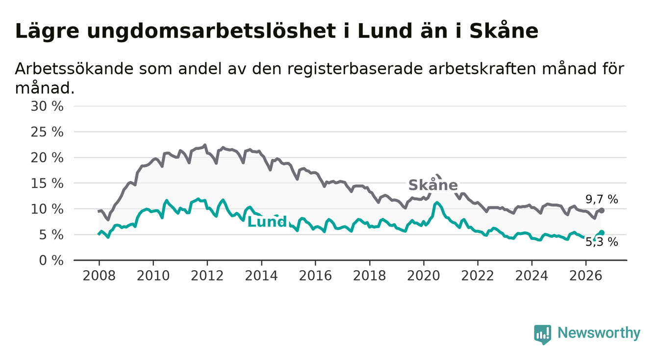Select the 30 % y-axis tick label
pyautogui.click(x=47, y=106)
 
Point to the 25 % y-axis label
pyautogui.click(x=47, y=132)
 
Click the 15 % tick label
pyautogui.click(x=47, y=183)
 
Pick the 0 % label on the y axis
pyautogui.click(x=51, y=260)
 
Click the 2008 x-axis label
pyautogui.click(x=99, y=276)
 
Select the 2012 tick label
pyautogui.click(x=207, y=276)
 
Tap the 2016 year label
pyautogui.click(x=315, y=276)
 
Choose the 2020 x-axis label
pyautogui.click(x=424, y=276)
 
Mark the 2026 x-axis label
pyautogui.click(x=586, y=276)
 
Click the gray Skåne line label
pyautogui.click(x=433, y=185)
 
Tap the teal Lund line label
pyautogui.click(x=267, y=222)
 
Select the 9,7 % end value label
pyautogui.click(x=602, y=200)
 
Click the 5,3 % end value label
pyautogui.click(x=602, y=242)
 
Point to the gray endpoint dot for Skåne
pyautogui.click(x=602, y=210)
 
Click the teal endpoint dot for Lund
pyautogui.click(x=602, y=232)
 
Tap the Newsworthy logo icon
pyautogui.click(x=542, y=334)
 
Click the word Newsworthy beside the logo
pyautogui.click(x=599, y=333)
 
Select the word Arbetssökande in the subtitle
pyautogui.click(x=74, y=69)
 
